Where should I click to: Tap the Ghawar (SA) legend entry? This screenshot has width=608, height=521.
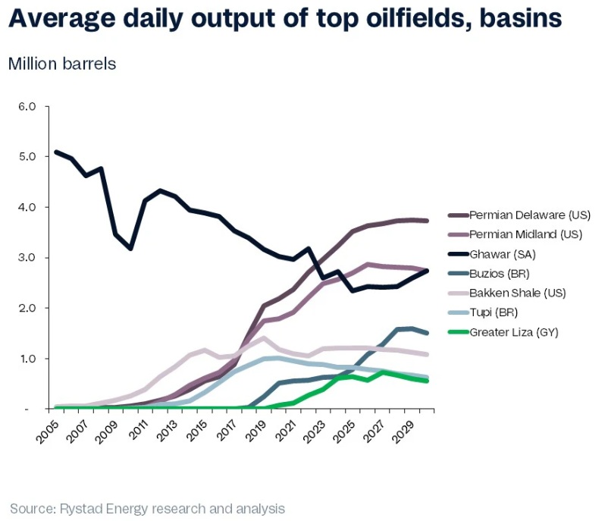499,254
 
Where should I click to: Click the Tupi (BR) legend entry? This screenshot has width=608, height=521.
494,312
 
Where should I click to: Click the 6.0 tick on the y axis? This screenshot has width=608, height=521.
27,106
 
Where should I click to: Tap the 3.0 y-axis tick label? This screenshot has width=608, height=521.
27,258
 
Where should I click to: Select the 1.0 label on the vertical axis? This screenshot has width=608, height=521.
27,359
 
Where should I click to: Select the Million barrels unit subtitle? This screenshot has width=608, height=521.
62,64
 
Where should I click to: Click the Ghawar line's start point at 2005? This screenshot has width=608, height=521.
56,152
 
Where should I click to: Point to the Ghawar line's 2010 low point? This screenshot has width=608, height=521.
130,249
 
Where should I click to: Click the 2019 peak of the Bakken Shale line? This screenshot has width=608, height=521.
263,338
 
